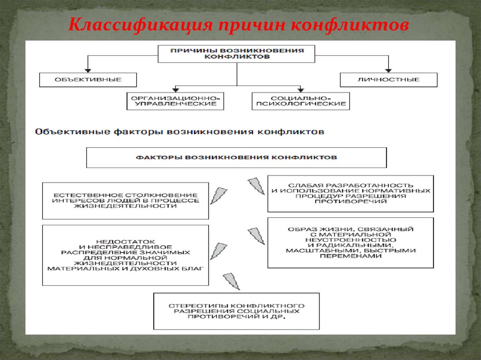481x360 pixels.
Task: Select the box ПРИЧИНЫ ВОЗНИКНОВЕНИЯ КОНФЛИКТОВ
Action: tap(236, 54)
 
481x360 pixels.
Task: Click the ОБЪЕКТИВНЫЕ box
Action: tap(88, 80)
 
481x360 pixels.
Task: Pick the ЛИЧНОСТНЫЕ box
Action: tap(388, 80)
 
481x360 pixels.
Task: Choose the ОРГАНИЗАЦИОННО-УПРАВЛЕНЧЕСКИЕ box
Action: tap(175, 101)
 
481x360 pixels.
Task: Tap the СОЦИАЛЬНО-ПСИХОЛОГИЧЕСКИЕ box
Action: tap(301, 101)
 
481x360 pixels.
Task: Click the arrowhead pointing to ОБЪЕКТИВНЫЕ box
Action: tap(88, 69)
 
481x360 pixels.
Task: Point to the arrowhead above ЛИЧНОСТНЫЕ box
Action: tap(388, 69)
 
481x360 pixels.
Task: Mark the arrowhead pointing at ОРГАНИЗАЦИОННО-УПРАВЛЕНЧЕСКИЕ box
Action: tap(175, 89)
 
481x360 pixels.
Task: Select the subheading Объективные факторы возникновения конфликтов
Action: tap(179, 132)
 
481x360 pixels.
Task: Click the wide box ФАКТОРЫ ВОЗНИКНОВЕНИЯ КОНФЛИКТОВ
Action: tap(236, 158)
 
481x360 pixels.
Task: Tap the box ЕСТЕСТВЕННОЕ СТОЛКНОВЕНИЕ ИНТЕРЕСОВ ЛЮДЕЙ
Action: tap(125, 200)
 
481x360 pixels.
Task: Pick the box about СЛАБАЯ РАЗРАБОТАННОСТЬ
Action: tap(350, 193)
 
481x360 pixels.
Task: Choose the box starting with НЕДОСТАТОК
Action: tap(125, 255)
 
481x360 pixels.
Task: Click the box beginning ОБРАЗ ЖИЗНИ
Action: tap(350, 243)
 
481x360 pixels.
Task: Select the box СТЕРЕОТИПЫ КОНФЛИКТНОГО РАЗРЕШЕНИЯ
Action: tap(236, 311)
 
